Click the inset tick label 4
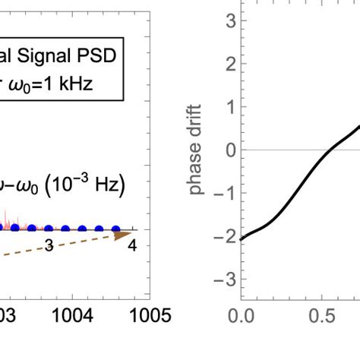131,245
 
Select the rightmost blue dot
116,228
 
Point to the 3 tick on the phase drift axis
226,22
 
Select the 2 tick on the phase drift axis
226,65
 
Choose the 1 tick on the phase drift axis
226,107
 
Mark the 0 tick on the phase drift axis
226,150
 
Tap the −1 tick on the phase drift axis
223,192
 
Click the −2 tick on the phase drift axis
223,235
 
